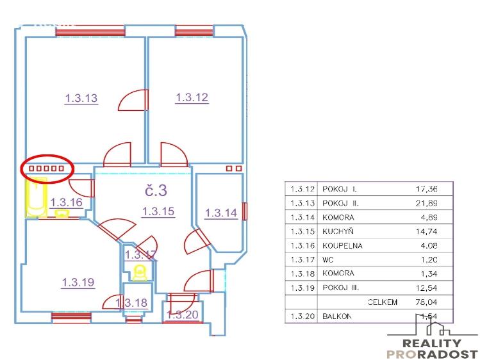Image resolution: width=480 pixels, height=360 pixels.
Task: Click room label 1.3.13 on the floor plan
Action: click(x=81, y=99)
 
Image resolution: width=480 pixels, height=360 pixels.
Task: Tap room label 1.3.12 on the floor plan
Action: click(x=192, y=97)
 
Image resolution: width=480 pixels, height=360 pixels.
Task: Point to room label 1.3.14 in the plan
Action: click(x=220, y=213)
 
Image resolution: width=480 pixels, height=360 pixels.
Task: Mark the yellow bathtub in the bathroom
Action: click(x=32, y=199)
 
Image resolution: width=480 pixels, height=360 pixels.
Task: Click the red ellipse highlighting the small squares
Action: click(x=48, y=168)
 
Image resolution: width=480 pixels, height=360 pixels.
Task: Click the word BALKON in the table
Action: click(x=336, y=316)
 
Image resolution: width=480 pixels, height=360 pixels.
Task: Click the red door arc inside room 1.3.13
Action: click(x=133, y=101)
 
